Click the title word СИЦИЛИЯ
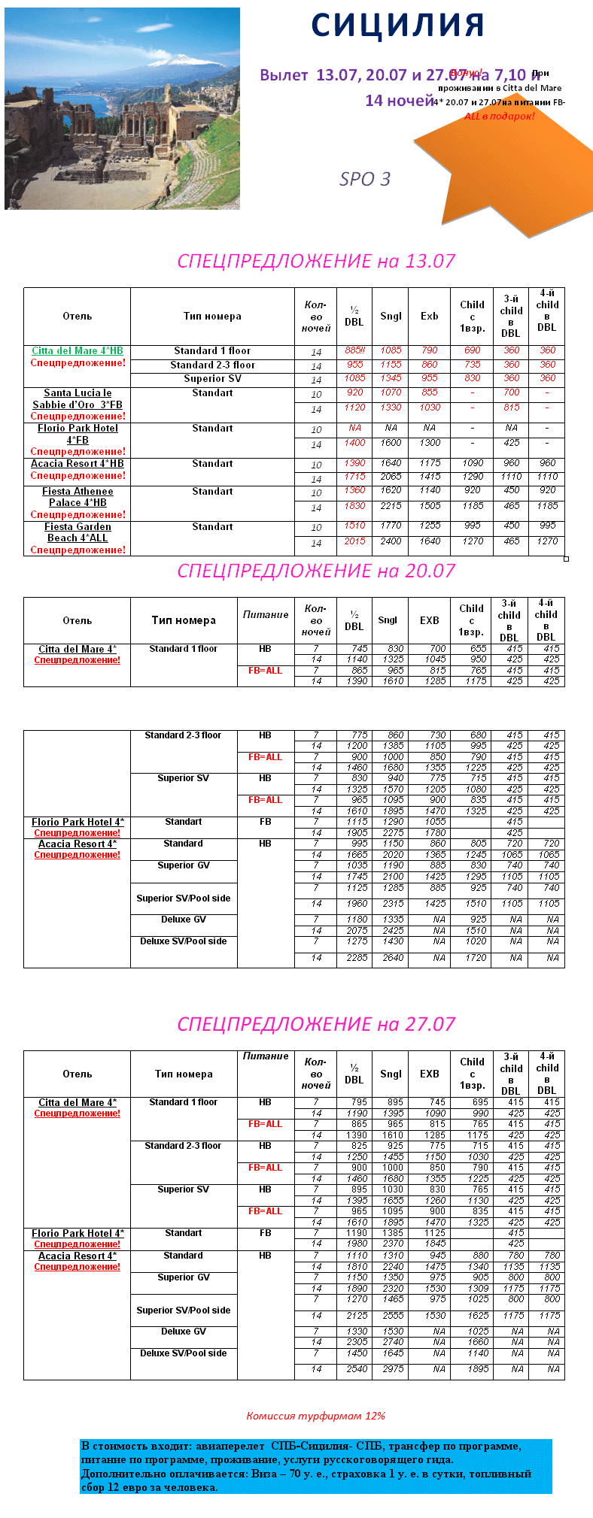pos(397,26)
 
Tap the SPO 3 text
pos(365,179)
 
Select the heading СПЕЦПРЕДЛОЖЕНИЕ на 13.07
pos(316,261)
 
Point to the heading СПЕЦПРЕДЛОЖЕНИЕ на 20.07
pos(316,571)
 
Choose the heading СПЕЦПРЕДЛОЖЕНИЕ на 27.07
pos(316,1024)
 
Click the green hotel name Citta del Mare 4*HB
pos(78,351)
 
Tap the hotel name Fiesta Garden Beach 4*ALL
pos(78,532)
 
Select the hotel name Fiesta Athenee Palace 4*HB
pos(78,497)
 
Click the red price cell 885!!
pos(354,350)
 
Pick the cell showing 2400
pos(391,541)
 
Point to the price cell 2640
pos(393,958)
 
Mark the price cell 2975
pos(393,1369)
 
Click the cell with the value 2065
pos(391,477)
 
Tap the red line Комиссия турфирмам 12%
pos(316,1416)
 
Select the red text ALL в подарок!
pos(500,117)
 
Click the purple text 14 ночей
pos(400,100)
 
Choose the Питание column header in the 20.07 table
pos(266,614)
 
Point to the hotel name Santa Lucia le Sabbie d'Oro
pos(78,398)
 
